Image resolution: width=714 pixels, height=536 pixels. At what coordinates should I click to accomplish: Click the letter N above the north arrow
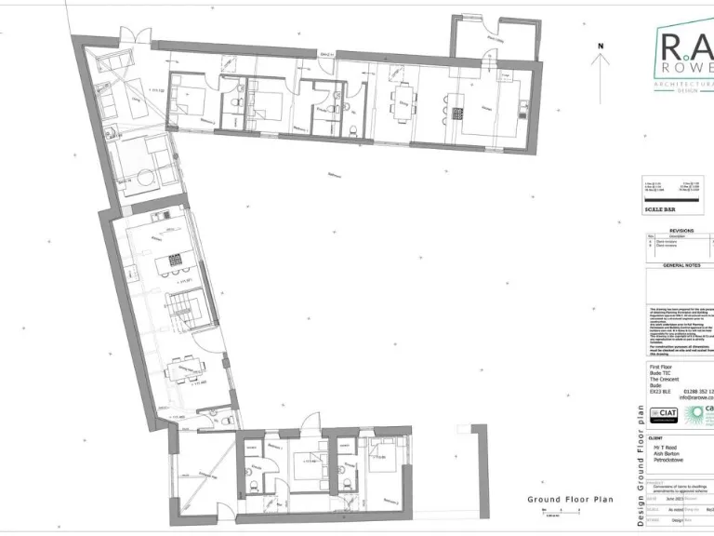pyautogui.click(x=602, y=45)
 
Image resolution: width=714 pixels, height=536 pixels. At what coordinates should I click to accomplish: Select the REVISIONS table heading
pyautogui.click(x=681, y=230)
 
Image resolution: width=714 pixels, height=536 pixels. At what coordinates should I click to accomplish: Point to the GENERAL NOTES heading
pyautogui.click(x=681, y=265)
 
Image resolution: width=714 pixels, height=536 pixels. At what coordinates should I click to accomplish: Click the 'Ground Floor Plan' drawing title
pyautogui.click(x=570, y=500)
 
